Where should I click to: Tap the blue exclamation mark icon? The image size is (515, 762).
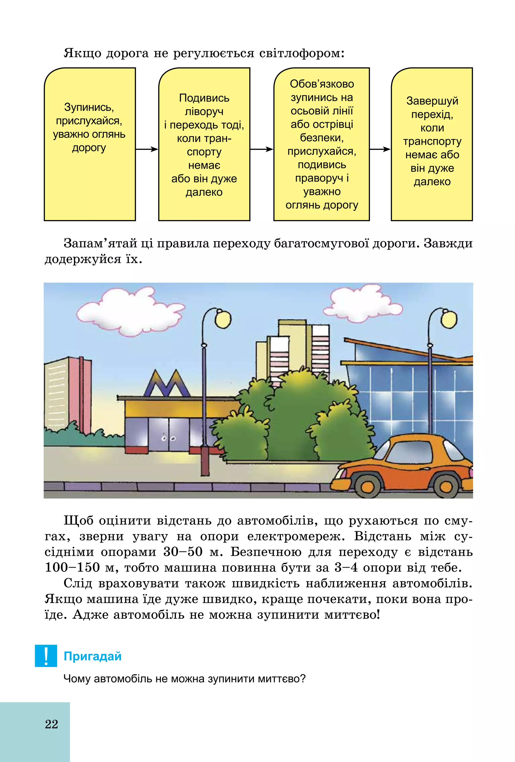46,656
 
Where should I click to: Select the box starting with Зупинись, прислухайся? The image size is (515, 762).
90,144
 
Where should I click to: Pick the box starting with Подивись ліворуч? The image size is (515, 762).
204,144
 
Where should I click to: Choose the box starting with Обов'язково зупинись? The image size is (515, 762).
321,144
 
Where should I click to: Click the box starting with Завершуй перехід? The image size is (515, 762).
432,144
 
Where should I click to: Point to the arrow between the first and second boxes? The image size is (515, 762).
147,149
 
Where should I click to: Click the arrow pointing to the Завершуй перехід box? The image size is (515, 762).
380,149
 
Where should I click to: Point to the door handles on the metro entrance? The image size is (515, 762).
169,438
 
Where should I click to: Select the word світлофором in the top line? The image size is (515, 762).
301,53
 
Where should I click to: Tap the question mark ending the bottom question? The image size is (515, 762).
302,678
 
